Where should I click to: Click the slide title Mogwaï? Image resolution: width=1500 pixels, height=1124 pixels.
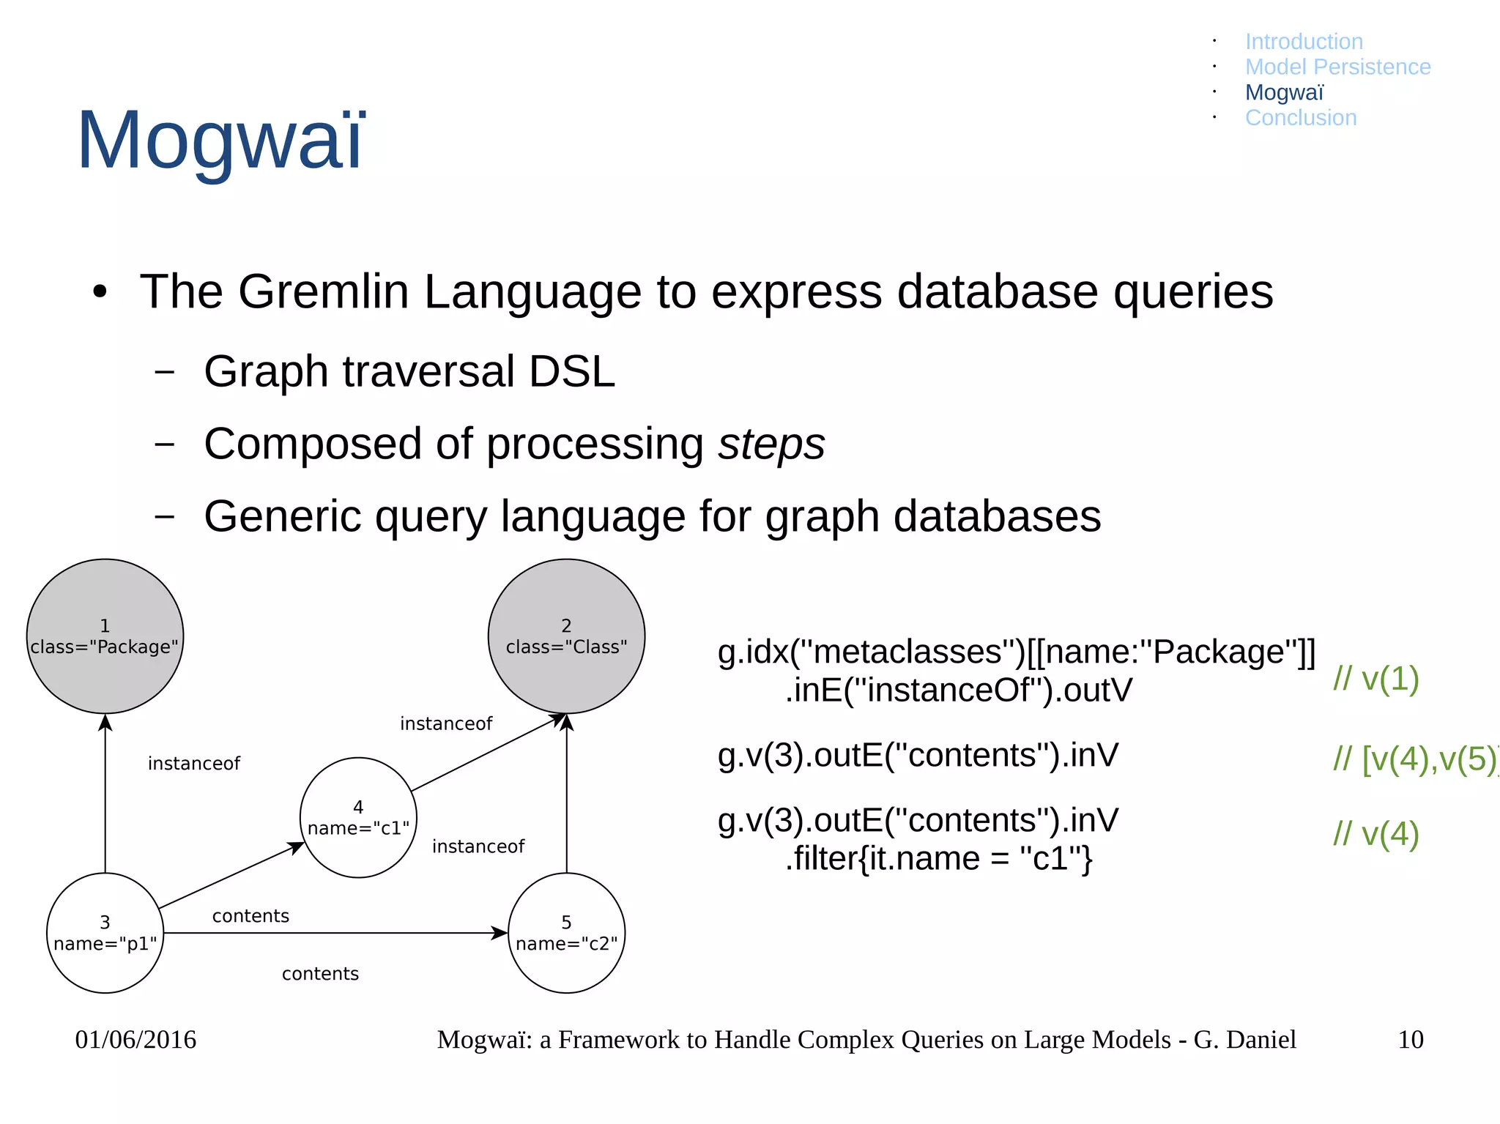pos(220,139)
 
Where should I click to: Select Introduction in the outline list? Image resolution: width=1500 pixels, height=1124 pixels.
pos(1304,42)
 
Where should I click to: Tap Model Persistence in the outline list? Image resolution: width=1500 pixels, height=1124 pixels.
pos(1337,67)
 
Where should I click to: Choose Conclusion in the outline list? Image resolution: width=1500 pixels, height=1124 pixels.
pos(1301,118)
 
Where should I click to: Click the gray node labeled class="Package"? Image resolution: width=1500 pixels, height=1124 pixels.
pos(105,636)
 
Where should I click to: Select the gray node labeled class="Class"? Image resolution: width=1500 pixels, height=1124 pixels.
pos(566,636)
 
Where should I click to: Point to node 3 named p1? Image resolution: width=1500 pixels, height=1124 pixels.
pos(105,932)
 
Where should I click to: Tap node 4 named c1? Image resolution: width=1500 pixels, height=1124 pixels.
pos(358,817)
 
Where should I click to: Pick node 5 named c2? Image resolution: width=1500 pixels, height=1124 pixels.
pos(566,932)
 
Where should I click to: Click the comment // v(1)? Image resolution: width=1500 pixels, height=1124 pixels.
pos(1375,679)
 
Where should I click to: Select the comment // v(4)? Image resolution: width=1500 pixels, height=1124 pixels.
pos(1375,833)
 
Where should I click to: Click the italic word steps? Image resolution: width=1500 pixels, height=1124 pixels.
pos(771,444)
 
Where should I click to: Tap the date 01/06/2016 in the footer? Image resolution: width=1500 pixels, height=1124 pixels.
pos(135,1039)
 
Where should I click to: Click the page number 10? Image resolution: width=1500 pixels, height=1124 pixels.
pos(1410,1039)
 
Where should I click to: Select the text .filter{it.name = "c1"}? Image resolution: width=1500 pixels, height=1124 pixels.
pos(938,858)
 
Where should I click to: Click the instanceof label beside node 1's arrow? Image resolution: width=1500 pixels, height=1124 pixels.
pos(193,764)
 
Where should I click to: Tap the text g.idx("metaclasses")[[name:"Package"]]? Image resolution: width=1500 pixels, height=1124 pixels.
pos(1016,652)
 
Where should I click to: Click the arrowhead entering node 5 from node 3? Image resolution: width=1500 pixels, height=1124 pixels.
pos(500,933)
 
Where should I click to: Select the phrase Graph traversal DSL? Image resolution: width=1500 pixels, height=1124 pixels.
pos(409,371)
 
